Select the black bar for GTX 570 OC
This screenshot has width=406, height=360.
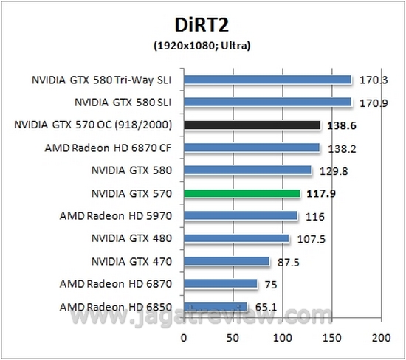tap(252, 125)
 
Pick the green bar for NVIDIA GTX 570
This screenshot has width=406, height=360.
tap(241, 193)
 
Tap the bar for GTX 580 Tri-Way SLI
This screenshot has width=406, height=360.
tap(267, 79)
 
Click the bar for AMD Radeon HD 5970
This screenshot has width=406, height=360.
tap(241, 216)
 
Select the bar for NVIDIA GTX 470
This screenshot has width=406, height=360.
tap(227, 261)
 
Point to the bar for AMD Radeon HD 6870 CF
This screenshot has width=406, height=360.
tap(252, 148)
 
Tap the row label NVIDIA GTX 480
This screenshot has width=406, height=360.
tap(131, 238)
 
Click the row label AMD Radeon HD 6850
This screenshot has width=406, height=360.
tap(119, 306)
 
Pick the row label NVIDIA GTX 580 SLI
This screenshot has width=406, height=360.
tap(123, 102)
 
